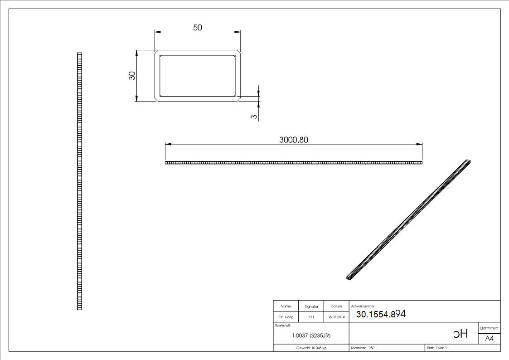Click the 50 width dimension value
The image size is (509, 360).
198,28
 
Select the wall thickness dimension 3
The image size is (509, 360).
254,117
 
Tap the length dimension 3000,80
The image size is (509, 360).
294,140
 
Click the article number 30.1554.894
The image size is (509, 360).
381,314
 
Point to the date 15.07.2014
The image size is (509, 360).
336,317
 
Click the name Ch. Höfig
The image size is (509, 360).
286,317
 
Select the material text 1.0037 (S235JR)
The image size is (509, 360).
311,336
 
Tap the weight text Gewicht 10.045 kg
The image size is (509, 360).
311,348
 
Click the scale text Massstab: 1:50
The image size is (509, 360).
363,348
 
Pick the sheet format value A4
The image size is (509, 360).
490,339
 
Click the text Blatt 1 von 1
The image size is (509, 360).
437,348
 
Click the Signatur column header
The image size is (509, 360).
311,306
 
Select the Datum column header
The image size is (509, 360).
336,306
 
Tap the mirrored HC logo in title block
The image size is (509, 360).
460,335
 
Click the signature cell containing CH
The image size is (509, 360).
311,317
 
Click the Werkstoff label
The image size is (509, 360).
283,326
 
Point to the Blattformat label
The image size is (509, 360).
489,327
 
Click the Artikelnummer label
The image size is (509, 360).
363,306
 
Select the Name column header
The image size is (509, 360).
286,306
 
